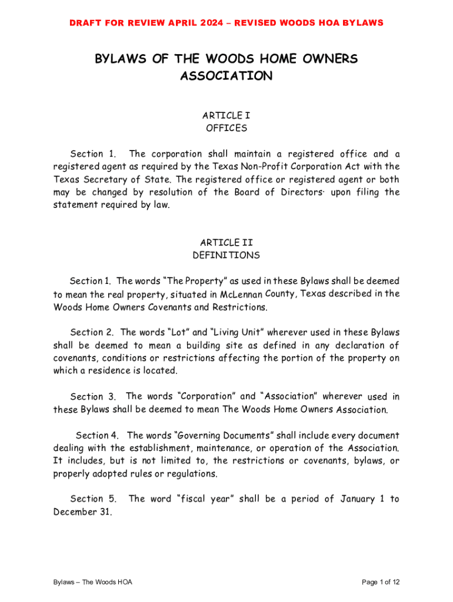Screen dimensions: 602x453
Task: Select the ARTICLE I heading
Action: tap(226, 116)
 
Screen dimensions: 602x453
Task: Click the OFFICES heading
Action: tap(226, 128)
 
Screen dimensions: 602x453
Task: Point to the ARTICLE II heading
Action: tap(226, 242)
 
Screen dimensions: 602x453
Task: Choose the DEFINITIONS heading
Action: tap(226, 255)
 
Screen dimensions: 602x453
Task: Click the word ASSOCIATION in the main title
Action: tap(226, 76)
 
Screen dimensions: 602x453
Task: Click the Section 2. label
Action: tap(92, 332)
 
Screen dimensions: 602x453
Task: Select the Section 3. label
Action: tap(92, 397)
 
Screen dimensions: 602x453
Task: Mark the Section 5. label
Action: tap(94, 499)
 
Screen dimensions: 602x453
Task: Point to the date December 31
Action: tap(82, 512)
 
